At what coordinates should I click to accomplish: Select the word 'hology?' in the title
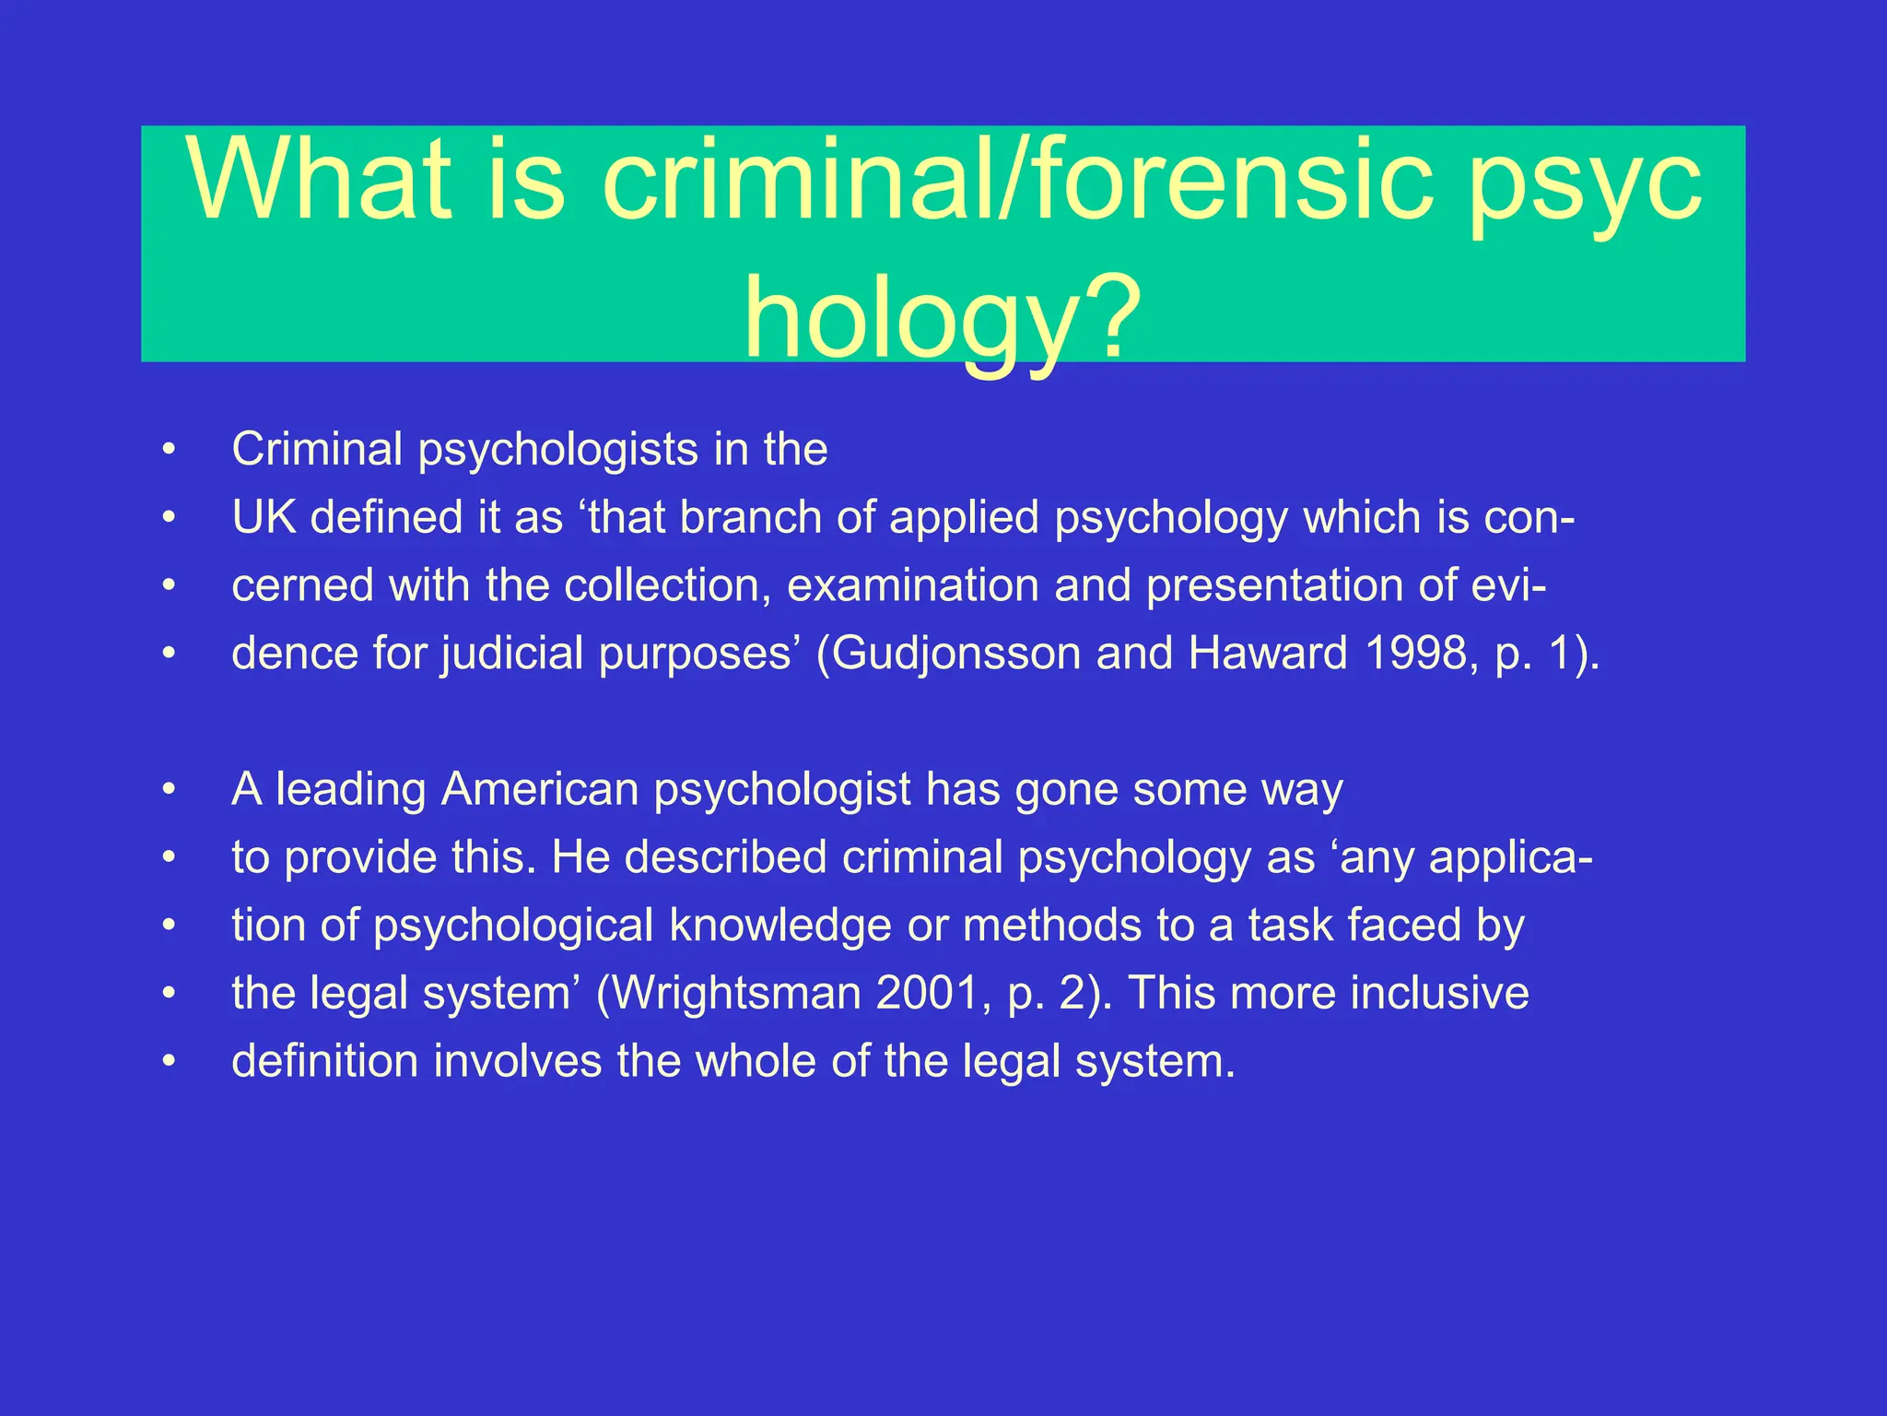(943, 318)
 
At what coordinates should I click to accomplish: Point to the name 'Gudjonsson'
(958, 654)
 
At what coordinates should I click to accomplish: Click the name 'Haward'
(1269, 654)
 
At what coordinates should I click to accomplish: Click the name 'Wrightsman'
(736, 994)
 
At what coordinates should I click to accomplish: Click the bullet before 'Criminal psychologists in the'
(168, 450)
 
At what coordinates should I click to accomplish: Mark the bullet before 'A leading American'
(168, 790)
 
